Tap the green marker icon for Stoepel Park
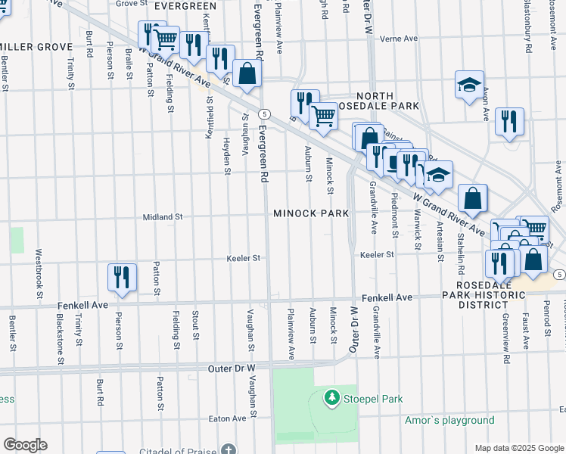pos(331,397)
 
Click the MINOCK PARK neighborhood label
pos(311,214)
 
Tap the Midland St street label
pos(163,217)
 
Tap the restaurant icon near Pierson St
pos(122,277)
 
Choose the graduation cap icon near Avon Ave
pos(469,85)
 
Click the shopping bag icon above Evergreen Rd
pos(247,73)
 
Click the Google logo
pos(24,445)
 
